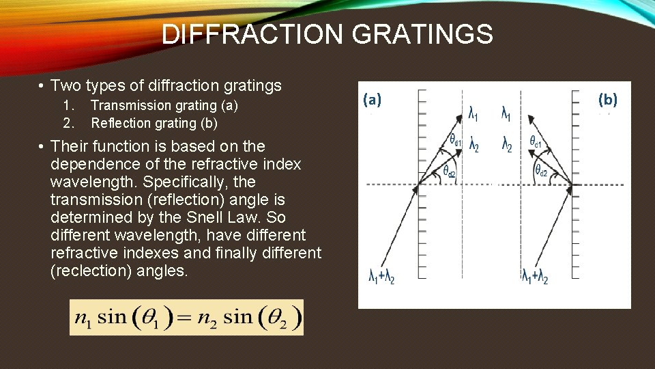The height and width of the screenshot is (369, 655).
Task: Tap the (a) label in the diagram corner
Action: pyautogui.click(x=373, y=100)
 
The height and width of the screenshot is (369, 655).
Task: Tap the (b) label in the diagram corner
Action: pyautogui.click(x=607, y=100)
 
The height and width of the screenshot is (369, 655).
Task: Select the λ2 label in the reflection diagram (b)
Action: pyautogui.click(x=506, y=146)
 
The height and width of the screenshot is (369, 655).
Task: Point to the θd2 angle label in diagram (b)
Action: pyautogui.click(x=540, y=171)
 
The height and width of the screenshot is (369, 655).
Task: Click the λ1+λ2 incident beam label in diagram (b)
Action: pyautogui.click(x=535, y=277)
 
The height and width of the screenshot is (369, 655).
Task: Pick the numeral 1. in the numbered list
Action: pyautogui.click(x=68, y=105)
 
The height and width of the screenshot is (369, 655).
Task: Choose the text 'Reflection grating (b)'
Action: pyautogui.click(x=154, y=123)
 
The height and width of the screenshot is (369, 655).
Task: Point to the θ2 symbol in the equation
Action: pyautogui.click(x=282, y=318)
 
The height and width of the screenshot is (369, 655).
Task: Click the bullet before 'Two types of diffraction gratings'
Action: pyautogui.click(x=42, y=86)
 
